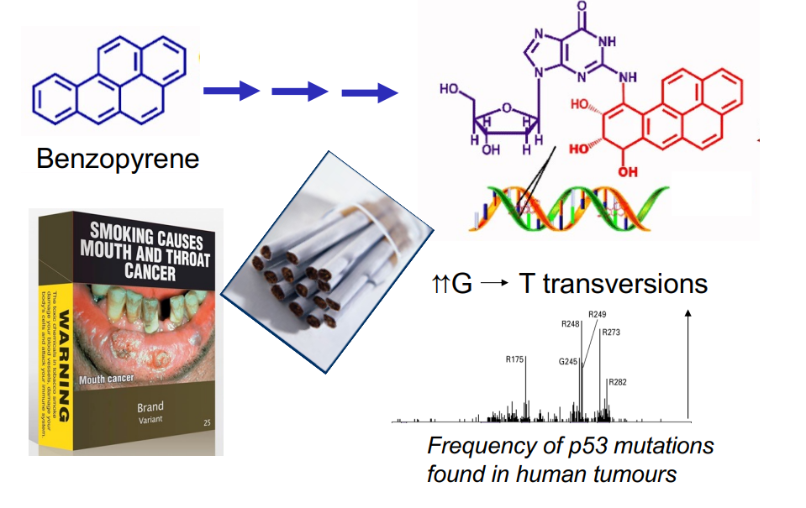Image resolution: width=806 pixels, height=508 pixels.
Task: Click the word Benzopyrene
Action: click(118, 158)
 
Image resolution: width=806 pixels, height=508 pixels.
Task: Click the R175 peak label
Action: click(515, 359)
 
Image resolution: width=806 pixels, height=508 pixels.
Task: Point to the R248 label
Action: click(571, 324)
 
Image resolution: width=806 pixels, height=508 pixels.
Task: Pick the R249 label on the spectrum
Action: click(598, 314)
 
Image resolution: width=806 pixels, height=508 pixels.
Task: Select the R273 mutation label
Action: click(611, 333)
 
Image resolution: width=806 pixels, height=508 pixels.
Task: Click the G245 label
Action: click(569, 362)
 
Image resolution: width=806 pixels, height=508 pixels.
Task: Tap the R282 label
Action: click(618, 382)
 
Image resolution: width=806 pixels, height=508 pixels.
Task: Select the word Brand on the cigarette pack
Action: click(150, 408)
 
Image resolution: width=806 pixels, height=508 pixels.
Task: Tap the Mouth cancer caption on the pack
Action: click(107, 380)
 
